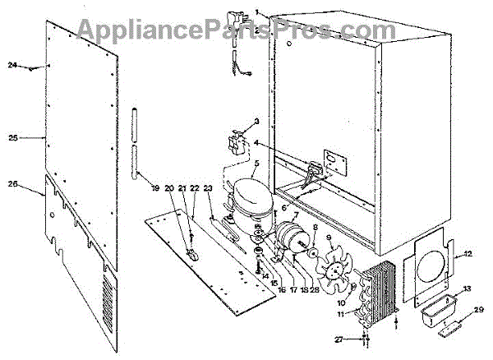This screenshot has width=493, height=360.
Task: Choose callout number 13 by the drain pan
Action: click(466, 288)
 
